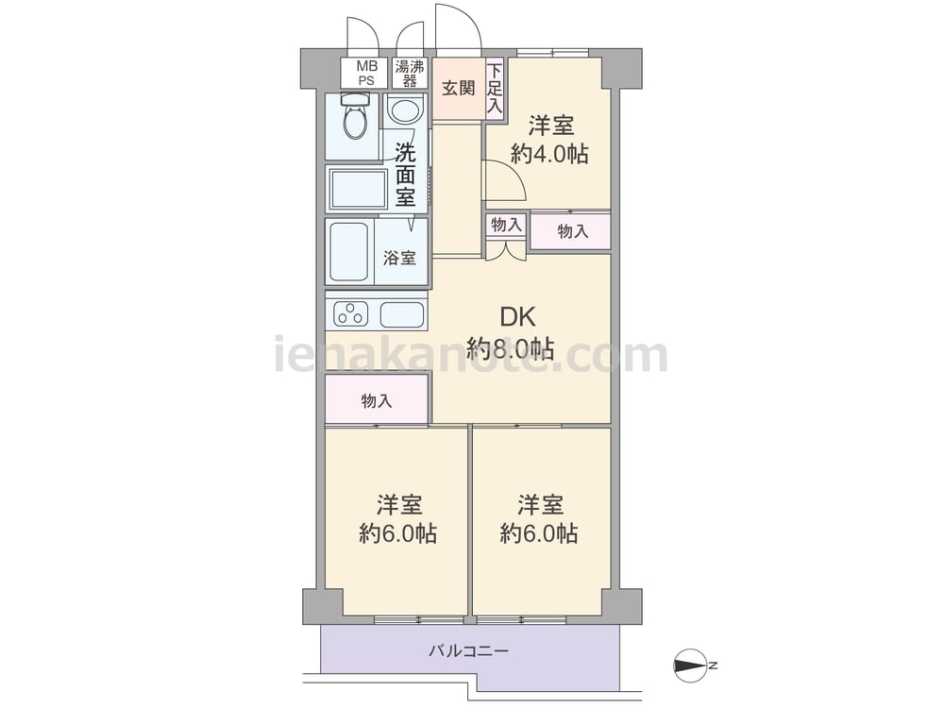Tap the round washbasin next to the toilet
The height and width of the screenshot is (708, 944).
coord(405,110)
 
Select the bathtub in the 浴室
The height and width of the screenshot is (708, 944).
coord(349,252)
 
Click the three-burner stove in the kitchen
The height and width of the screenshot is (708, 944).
coord(350,314)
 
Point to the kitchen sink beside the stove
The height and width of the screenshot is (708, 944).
coord(402,314)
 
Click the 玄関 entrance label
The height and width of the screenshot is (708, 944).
coord(459,89)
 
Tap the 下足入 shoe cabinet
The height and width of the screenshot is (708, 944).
coord(495,88)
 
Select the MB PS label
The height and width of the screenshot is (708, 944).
coord(366,73)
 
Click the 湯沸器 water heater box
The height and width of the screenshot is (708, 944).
coord(410,74)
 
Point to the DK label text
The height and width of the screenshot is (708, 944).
coord(517,316)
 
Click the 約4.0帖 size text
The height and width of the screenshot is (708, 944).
coord(549,155)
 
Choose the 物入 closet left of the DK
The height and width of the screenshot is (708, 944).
coord(377,399)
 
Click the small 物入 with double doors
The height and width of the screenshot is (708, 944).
coord(506,226)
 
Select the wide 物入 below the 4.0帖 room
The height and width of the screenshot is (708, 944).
coord(571,230)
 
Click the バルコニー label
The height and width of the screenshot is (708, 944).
coord(469,651)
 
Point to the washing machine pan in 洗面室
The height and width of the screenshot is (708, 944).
coord(358,190)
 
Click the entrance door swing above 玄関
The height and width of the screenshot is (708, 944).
coord(459,27)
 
